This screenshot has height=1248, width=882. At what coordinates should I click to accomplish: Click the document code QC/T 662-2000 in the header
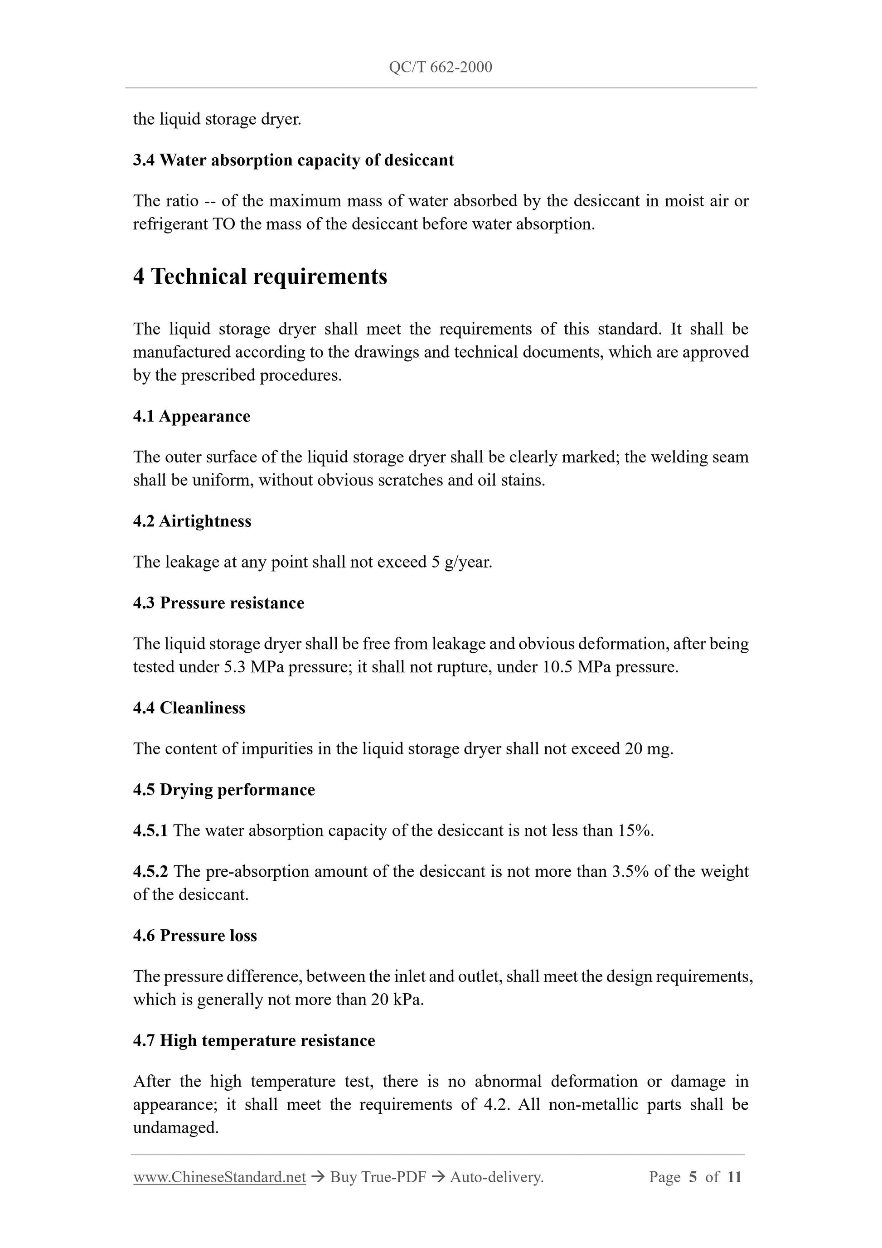click(x=441, y=68)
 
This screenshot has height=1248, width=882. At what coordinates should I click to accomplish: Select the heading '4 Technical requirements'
click(x=260, y=277)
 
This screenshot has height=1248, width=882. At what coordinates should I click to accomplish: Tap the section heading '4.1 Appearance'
click(x=191, y=416)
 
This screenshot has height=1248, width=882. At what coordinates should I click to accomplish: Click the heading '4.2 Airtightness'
click(x=192, y=521)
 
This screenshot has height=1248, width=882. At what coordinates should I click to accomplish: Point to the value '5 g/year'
click(x=461, y=562)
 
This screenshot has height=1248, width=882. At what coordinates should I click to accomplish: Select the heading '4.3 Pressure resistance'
click(x=218, y=603)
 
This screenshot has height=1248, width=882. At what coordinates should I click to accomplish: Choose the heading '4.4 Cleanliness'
click(x=189, y=708)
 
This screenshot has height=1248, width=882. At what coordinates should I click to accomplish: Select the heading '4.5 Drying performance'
click(x=224, y=790)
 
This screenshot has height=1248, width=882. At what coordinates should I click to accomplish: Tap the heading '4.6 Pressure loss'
click(x=195, y=936)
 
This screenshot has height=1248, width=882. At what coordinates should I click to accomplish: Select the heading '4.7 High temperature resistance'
click(x=254, y=1040)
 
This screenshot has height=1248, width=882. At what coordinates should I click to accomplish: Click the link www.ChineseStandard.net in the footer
click(x=219, y=1177)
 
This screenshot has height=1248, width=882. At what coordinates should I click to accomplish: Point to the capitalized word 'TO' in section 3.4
click(x=223, y=224)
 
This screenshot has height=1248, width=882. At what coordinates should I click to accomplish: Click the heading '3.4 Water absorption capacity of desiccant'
click(x=293, y=160)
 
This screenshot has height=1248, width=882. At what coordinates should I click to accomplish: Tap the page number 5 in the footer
click(x=693, y=1177)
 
